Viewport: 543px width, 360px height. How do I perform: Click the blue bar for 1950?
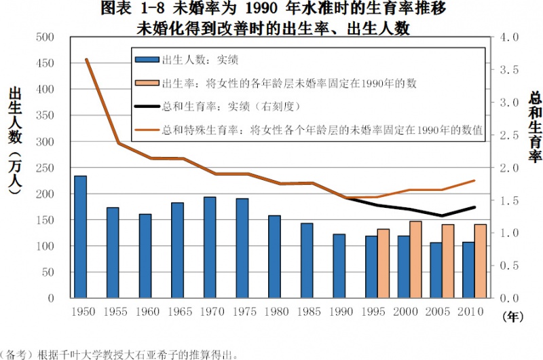pyautogui.click(x=80, y=236)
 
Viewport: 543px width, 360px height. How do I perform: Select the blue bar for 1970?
pyautogui.click(x=210, y=247)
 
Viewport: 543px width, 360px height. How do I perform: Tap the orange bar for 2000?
pyautogui.click(x=415, y=259)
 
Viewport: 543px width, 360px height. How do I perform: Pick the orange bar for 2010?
pyautogui.click(x=481, y=261)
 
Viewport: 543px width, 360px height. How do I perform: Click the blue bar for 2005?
pyautogui.click(x=436, y=270)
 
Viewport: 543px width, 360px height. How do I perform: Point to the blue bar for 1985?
pyautogui.click(x=307, y=261)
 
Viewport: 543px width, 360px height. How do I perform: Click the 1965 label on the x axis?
pyautogui.click(x=180, y=312)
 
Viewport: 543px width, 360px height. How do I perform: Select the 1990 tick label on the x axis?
pyautogui.click(x=341, y=312)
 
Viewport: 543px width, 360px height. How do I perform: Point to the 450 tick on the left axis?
pyautogui.click(x=45, y=63)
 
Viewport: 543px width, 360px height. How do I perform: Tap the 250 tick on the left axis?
pyautogui.click(x=45, y=168)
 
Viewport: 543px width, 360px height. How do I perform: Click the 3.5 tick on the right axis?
pyautogui.click(x=509, y=70)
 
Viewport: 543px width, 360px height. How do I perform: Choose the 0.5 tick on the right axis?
pyautogui.click(x=509, y=266)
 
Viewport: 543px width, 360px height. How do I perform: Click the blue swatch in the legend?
pyautogui.click(x=147, y=60)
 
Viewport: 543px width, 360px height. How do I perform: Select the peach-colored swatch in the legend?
pyautogui.click(x=147, y=83)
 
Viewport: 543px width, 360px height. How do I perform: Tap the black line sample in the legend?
pyautogui.click(x=147, y=106)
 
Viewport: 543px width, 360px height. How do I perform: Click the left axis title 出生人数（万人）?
pyautogui.click(x=15, y=141)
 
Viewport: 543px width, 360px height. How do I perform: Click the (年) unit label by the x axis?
pyautogui.click(x=513, y=317)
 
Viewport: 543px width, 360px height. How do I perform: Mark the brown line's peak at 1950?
pyautogui.click(x=86, y=60)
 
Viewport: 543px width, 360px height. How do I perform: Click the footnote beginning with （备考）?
pyautogui.click(x=118, y=355)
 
